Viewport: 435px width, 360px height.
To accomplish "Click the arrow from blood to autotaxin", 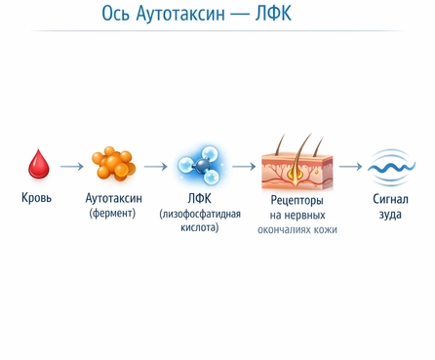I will (x=71, y=166).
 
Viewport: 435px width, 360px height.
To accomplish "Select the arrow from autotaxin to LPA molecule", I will (x=155, y=166).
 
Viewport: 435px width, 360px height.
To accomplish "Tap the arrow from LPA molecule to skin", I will (x=244, y=166).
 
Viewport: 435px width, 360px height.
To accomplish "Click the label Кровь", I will (x=37, y=198).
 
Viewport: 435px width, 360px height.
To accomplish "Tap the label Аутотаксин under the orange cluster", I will (x=113, y=198).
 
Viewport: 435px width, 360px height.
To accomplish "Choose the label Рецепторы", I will (x=297, y=200).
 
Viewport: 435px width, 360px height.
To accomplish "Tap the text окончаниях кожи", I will (x=297, y=230).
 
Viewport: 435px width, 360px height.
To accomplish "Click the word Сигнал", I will (x=390, y=199).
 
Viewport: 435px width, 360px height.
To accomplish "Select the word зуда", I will (x=390, y=214).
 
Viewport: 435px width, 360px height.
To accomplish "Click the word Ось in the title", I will (x=117, y=16).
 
